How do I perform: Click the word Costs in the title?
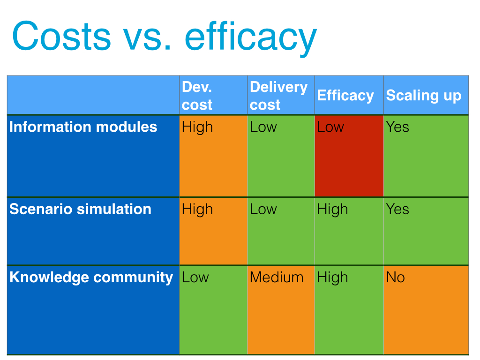tap(61, 36)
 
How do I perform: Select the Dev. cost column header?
tap(197, 96)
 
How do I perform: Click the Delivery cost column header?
tap(278, 96)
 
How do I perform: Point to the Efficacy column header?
tap(345, 95)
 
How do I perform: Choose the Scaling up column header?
tap(423, 95)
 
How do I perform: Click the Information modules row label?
tap(83, 127)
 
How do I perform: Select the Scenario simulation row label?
tap(80, 209)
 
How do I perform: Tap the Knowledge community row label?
tap(91, 277)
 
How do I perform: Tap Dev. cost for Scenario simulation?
tap(197, 210)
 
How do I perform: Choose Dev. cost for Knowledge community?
tap(195, 277)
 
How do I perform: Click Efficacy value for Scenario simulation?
tap(332, 210)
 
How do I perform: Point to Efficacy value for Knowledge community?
tap(332, 278)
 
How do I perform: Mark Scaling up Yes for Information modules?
tap(397, 127)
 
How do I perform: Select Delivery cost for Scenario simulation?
tap(263, 210)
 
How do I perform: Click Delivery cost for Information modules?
tap(263, 127)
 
